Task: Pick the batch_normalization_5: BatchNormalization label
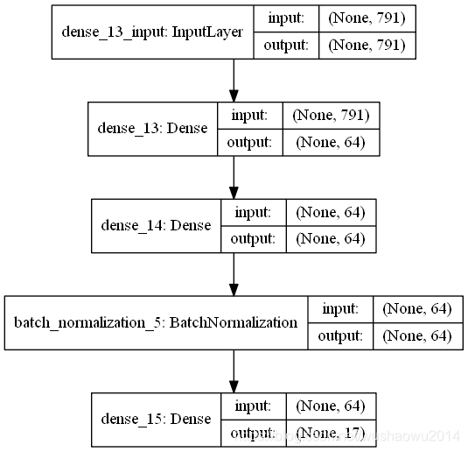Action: (x=156, y=322)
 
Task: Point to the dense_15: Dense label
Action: (x=157, y=420)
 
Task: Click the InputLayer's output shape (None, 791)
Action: (x=367, y=46)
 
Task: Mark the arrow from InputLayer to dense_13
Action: (x=234, y=81)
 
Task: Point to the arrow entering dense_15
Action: (x=234, y=371)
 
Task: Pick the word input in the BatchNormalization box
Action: (x=340, y=309)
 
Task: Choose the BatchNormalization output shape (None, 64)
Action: (x=417, y=335)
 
